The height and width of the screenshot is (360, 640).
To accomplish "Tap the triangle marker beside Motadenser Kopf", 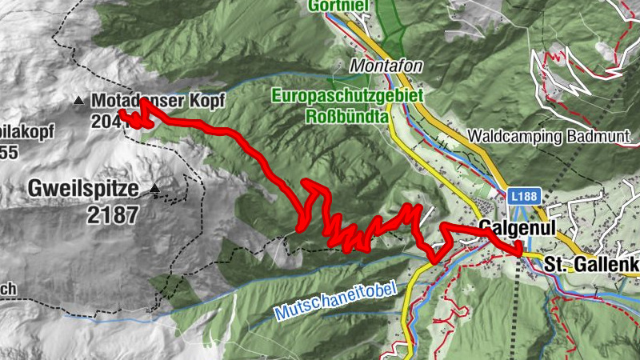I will (78, 101).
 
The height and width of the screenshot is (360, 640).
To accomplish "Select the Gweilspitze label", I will (82, 190).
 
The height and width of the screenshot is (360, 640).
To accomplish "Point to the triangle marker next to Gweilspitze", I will (154, 190).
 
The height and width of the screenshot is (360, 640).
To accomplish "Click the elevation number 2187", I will (115, 214).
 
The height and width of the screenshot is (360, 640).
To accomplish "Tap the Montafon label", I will (385, 66).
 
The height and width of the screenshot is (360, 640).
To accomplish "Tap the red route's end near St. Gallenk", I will (522, 254).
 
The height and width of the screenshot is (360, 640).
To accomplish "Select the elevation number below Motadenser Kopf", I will (109, 121).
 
